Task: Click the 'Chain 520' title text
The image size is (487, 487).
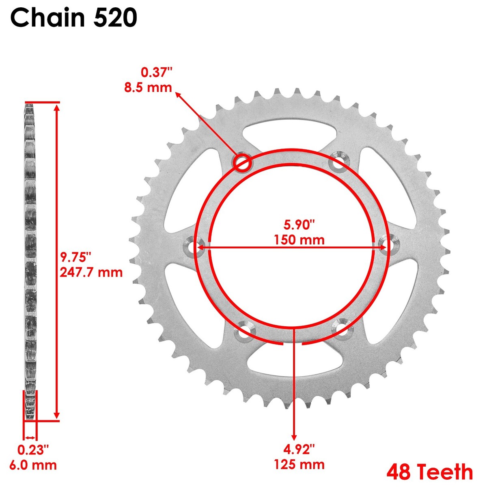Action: pyautogui.click(x=73, y=18)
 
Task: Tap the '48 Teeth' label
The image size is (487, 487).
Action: pyautogui.click(x=429, y=472)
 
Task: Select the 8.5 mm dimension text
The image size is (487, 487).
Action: pyautogui.click(x=148, y=87)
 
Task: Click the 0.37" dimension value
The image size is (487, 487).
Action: pyautogui.click(x=156, y=73)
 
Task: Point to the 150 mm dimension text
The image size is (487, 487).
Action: pyautogui.click(x=299, y=239)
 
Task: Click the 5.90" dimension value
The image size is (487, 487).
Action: pyautogui.click(x=299, y=224)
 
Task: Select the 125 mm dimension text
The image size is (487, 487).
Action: pyautogui.click(x=299, y=464)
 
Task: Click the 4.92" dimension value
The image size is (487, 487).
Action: pyautogui.click(x=299, y=449)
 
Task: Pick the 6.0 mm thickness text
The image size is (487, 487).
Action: pyautogui.click(x=37, y=465)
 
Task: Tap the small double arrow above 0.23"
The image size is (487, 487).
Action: pyautogui.click(x=30, y=437)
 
